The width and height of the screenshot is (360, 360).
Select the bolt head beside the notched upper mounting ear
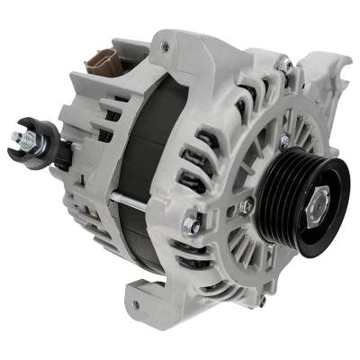(284, 64)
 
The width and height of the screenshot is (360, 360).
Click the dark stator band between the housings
(139, 180)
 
